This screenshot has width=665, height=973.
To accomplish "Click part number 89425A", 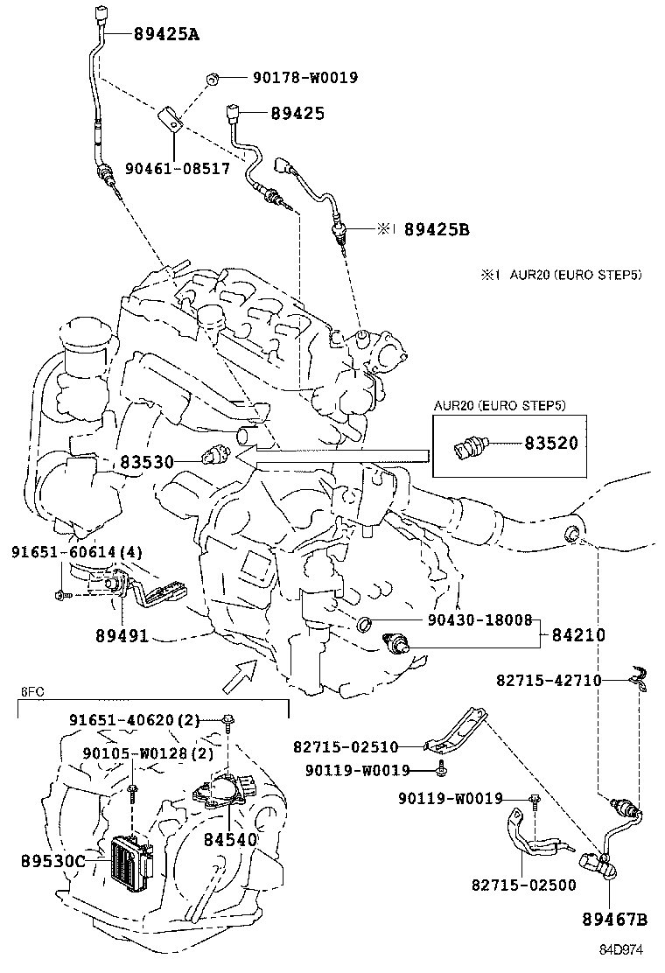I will [x=166, y=35].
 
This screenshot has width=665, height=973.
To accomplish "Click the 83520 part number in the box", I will [x=550, y=444].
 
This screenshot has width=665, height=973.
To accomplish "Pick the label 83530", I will [x=147, y=461].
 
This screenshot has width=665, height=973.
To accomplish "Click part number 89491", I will [x=122, y=636].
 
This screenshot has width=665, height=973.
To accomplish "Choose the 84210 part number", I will [x=577, y=634].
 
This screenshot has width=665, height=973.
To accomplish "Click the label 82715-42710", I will [x=549, y=680].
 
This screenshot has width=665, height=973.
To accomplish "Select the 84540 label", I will [x=230, y=839].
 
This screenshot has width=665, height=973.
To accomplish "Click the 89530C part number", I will [x=53, y=861].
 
